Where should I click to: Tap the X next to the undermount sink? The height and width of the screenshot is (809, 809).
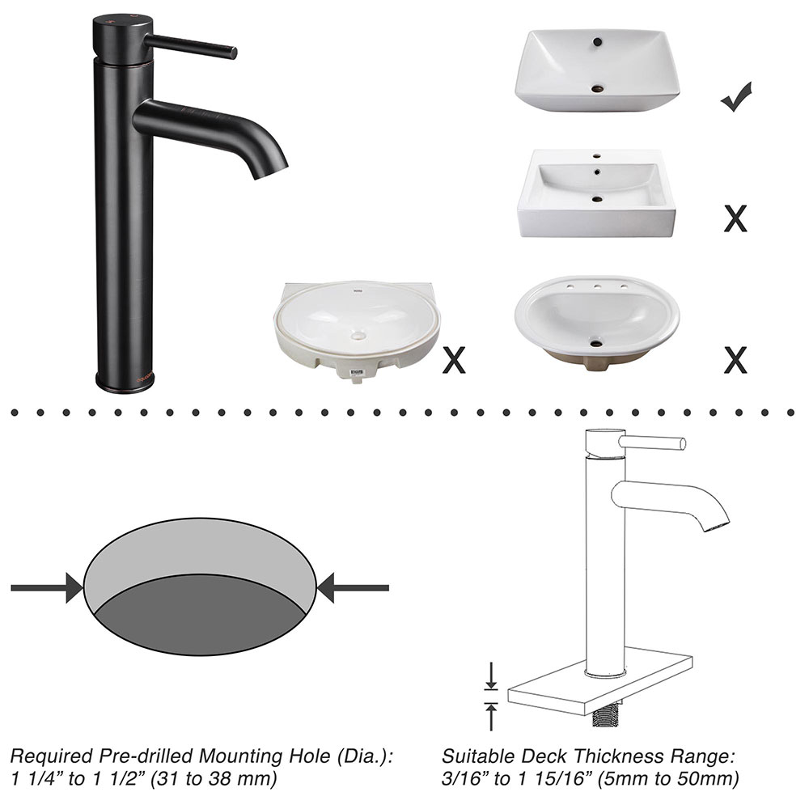(x=454, y=360)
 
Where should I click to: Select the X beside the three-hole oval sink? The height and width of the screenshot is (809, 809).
(x=735, y=360)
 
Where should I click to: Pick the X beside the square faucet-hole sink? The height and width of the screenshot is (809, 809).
(x=735, y=218)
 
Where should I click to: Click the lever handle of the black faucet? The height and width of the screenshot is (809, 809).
(x=190, y=46)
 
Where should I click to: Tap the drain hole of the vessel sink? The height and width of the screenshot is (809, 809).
(x=598, y=89)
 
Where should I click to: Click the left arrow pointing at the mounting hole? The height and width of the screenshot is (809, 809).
(x=46, y=587)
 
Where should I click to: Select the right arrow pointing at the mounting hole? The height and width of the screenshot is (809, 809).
(x=353, y=587)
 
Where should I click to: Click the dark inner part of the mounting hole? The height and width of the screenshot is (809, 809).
(x=200, y=615)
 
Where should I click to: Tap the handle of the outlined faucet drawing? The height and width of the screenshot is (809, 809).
(x=652, y=443)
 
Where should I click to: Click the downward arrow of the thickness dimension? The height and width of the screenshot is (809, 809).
(x=491, y=676)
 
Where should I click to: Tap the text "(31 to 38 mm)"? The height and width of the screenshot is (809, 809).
(x=213, y=778)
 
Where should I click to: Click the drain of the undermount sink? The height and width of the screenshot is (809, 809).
(x=358, y=336)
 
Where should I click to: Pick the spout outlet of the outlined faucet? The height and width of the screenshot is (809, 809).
(x=716, y=526)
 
